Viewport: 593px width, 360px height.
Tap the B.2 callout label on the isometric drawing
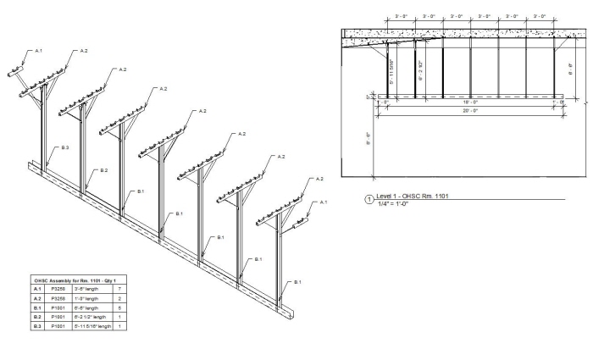tap(103, 170)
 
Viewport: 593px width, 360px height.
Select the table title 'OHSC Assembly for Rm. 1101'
tap(73, 280)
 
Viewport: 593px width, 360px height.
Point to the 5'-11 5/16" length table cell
tap(93, 326)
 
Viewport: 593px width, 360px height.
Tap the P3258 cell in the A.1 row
tap(58, 289)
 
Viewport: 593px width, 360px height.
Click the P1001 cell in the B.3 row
tap(58, 326)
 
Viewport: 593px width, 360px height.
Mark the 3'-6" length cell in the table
tap(88, 289)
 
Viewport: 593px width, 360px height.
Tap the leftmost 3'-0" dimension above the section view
tap(402, 16)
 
